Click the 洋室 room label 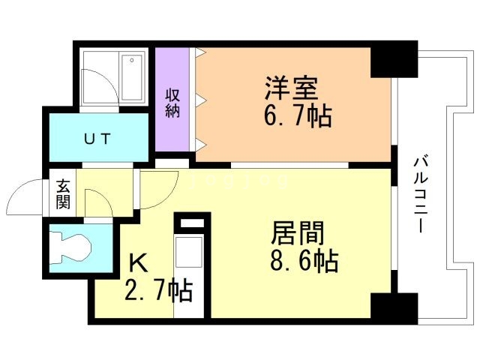(x=292, y=87)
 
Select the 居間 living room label (x=298, y=234)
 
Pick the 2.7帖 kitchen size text (x=157, y=289)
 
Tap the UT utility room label (x=97, y=139)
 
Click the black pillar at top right (x=394, y=55)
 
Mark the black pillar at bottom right (x=394, y=307)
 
